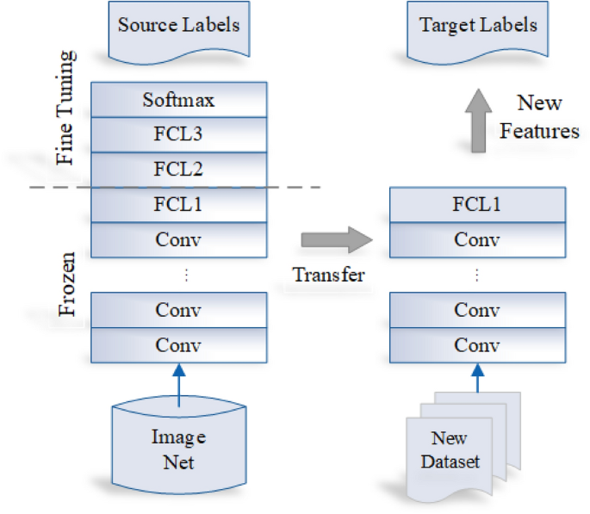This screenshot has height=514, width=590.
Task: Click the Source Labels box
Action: (178, 27)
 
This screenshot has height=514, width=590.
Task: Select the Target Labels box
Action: (478, 27)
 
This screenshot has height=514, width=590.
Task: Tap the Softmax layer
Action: (178, 100)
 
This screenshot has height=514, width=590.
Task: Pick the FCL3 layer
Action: (178, 134)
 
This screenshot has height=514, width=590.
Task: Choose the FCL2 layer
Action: (178, 169)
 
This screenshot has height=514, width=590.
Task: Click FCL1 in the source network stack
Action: (178, 204)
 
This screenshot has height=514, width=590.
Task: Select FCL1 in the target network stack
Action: (478, 205)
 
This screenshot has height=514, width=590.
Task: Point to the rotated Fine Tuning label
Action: (65, 108)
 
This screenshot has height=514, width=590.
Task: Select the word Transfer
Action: (328, 275)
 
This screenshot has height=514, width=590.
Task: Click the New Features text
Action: (539, 117)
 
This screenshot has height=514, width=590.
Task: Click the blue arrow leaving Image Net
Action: (178, 383)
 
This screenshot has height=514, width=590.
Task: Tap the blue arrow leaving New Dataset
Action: (478, 383)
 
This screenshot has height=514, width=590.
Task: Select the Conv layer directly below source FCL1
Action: (178, 239)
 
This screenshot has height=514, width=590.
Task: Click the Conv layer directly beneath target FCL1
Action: (478, 240)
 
